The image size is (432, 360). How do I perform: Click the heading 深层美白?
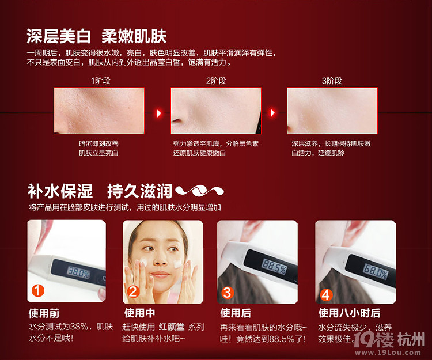coord(59,37)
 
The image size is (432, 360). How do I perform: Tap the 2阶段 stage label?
coord(216,81)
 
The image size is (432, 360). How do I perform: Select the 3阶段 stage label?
coord(332,81)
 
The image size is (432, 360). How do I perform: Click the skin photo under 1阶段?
coord(98,110)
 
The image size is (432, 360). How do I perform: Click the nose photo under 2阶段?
coord(216,110)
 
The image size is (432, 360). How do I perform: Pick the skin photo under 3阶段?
coord(332,110)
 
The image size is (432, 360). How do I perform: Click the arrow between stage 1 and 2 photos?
coord(159,113)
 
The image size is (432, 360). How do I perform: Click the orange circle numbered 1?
coord(37,292)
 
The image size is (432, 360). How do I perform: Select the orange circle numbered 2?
coord(132,292)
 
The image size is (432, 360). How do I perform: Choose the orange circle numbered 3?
coord(228,293)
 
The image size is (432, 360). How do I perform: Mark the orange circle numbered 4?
coord(326,294)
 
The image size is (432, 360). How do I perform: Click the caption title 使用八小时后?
coord(349,313)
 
